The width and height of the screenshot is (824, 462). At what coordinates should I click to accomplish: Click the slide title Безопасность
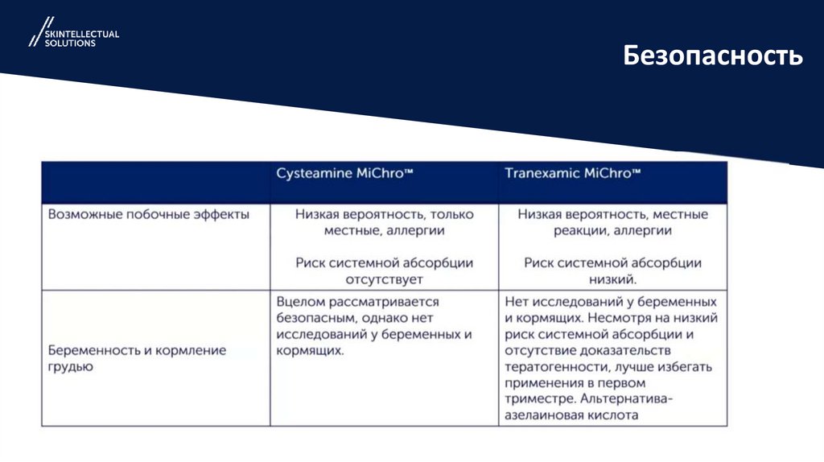point(713,56)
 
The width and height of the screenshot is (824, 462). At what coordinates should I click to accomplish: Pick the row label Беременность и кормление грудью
point(137,358)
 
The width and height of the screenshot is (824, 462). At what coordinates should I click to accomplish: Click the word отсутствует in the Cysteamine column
point(384,279)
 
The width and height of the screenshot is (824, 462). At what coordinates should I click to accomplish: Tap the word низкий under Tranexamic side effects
point(611,279)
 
